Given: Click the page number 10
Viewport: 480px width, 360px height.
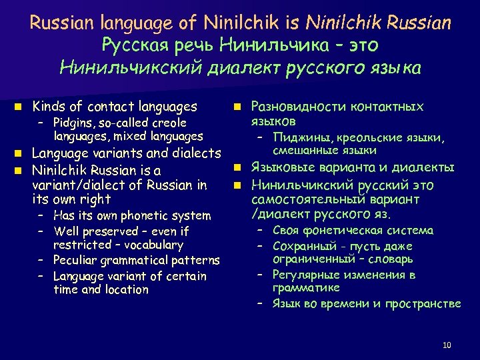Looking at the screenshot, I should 446,345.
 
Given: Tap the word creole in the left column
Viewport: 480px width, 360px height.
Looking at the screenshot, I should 167,123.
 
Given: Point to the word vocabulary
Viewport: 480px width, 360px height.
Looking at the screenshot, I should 152,245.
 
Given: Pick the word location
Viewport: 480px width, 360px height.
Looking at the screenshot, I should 127,289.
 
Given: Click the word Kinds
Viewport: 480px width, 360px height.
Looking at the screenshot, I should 47,107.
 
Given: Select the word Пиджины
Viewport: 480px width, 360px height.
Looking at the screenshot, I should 295,137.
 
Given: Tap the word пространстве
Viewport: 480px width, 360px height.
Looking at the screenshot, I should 427,303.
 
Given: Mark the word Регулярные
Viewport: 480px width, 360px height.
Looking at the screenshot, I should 303,275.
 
